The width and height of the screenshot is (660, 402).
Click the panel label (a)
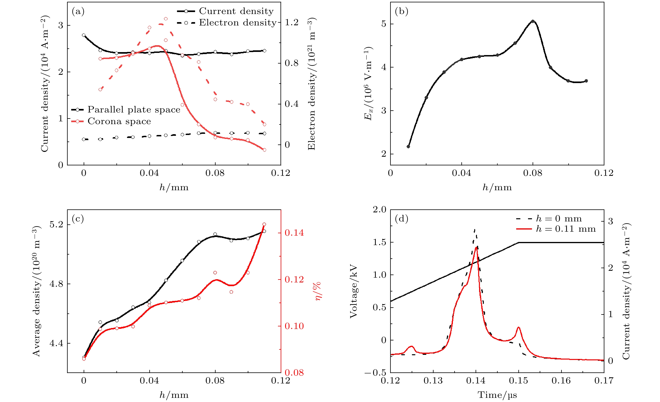[x=78, y=11]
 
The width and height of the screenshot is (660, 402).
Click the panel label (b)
[x=402, y=11]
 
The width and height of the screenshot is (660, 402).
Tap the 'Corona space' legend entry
[x=119, y=121]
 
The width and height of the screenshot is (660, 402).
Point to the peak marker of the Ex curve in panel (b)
[x=533, y=21]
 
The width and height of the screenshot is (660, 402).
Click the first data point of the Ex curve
[x=408, y=147]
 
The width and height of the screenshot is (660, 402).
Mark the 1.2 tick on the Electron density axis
[x=291, y=22]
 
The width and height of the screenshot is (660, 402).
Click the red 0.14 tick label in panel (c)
[x=294, y=233]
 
